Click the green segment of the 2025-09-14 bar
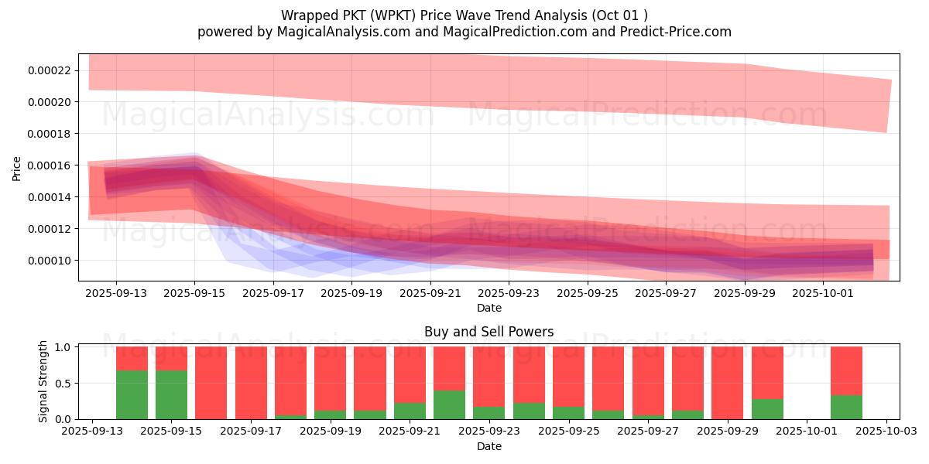pos(132,394)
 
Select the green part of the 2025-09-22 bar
pos(449,404)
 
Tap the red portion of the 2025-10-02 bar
pos(846,370)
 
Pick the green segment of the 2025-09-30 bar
pos(767,408)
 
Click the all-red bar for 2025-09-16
pos(211,383)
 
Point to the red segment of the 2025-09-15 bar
pos(171,358)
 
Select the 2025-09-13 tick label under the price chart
pos(116,294)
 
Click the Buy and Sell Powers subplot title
pos(488,332)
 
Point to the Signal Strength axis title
pos(43,381)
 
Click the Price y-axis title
pos(16,168)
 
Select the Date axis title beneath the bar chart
pos(488,446)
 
